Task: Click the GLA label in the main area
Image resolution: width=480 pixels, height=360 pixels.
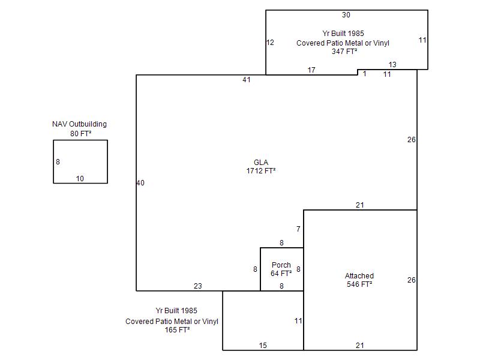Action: (261, 163)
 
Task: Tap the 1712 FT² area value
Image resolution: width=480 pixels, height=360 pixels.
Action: (261, 171)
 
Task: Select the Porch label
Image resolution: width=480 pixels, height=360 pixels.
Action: (281, 265)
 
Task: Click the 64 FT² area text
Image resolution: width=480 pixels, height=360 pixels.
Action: (281, 274)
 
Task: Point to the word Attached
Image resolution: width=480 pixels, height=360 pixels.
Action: (359, 276)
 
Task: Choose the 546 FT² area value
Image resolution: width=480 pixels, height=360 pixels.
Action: (359, 284)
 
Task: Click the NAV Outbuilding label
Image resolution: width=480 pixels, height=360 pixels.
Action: (80, 124)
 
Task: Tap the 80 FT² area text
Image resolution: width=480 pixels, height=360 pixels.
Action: (80, 134)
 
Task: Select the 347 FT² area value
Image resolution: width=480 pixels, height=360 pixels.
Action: (345, 52)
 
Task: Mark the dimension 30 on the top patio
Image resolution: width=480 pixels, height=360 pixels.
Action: (346, 15)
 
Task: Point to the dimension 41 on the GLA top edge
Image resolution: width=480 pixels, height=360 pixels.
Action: (247, 80)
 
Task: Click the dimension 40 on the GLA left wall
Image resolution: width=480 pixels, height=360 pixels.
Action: (140, 183)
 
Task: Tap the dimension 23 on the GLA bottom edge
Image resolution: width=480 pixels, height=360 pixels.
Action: (198, 286)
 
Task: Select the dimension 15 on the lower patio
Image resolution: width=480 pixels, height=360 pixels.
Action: (263, 346)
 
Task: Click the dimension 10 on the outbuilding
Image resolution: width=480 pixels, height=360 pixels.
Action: (80, 179)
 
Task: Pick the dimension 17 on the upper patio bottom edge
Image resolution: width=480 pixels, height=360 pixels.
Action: (311, 70)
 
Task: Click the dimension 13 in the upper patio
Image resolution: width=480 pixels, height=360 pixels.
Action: (392, 65)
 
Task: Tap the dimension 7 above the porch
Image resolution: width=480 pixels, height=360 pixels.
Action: (298, 229)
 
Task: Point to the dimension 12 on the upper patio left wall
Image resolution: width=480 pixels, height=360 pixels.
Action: (270, 43)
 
